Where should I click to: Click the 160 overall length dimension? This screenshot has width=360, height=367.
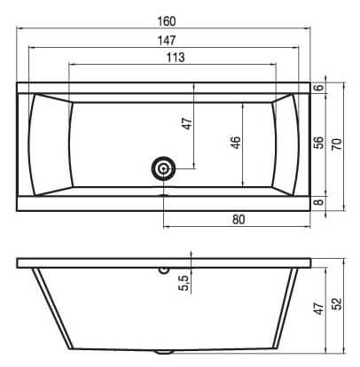167,21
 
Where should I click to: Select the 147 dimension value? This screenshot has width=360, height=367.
167,41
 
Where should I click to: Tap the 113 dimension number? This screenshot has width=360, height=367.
176,58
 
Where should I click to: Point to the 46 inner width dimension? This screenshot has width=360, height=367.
235,143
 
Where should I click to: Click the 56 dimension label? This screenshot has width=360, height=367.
319,143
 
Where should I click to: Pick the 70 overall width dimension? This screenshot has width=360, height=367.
337,144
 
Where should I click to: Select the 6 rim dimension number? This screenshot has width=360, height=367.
319,88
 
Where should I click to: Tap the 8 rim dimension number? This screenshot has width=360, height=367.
319,202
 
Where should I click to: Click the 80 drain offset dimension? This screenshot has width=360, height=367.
239,220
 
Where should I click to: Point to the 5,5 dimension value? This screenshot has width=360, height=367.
184,283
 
